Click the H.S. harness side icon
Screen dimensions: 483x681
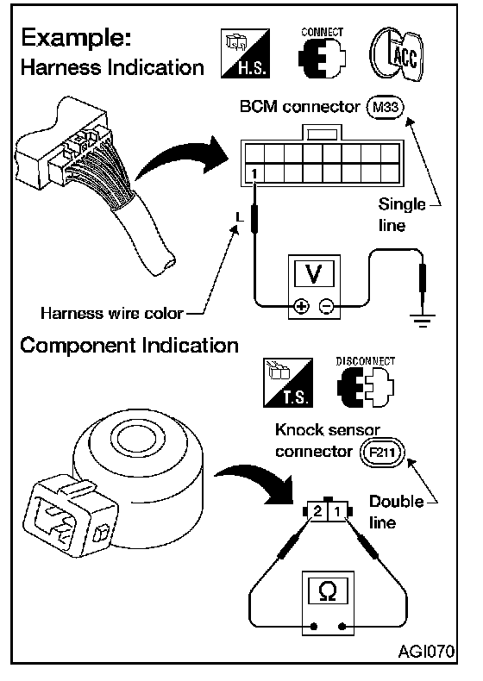(x=245, y=53)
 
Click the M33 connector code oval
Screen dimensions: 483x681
(x=386, y=107)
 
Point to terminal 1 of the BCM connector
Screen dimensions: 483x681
(x=254, y=174)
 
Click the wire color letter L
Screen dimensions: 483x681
(x=239, y=216)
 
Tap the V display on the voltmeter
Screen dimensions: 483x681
(x=314, y=273)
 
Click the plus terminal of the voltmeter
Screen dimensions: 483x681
(x=301, y=307)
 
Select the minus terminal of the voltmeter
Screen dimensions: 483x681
(x=326, y=307)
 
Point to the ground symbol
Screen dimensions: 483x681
(x=422, y=319)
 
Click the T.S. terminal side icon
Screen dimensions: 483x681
(x=288, y=383)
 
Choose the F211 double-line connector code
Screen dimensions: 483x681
(x=382, y=453)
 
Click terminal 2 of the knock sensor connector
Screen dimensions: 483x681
(x=317, y=510)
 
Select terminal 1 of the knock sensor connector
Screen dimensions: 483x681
(x=337, y=510)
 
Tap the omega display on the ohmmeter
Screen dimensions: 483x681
(x=328, y=590)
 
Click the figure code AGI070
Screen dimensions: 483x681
(x=426, y=651)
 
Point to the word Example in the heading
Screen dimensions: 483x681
(x=77, y=39)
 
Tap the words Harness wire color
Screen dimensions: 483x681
(x=112, y=313)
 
